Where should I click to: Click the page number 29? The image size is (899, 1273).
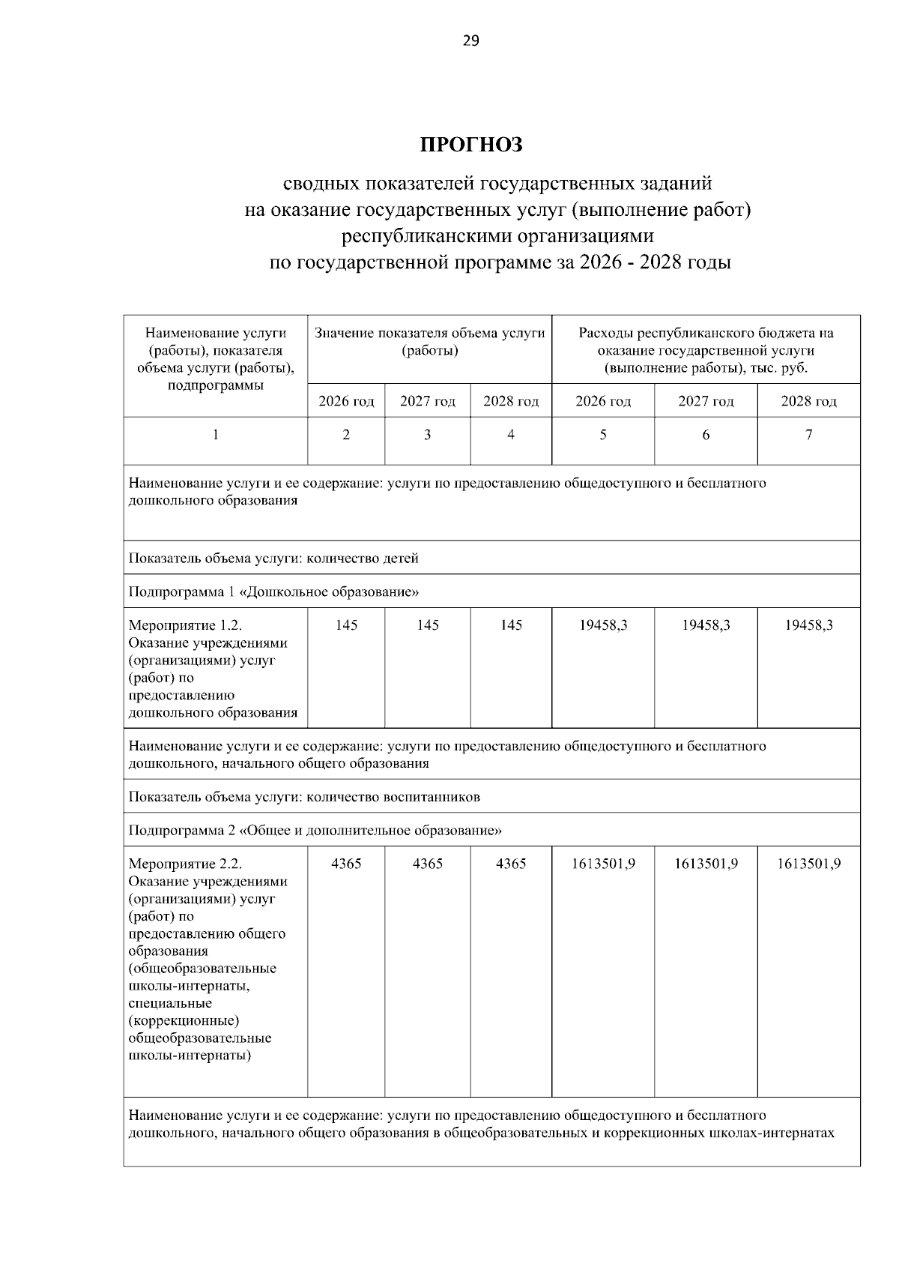[x=470, y=40]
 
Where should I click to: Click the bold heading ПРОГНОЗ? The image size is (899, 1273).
[x=470, y=145]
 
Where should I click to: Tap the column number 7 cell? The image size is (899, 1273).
[x=808, y=434]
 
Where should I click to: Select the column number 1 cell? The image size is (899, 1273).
[x=216, y=434]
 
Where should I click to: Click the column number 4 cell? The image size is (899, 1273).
[x=510, y=434]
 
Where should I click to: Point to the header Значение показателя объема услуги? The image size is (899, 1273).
[x=429, y=341]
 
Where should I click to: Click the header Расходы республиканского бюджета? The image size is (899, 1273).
[x=706, y=350]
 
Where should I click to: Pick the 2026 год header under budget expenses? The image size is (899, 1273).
[x=602, y=401]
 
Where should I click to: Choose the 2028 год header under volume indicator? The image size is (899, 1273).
[x=510, y=401]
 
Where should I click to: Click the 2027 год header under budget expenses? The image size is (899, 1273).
[x=706, y=401]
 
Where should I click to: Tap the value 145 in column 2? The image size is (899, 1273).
[x=346, y=625]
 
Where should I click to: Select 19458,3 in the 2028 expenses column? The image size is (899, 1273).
[x=808, y=625]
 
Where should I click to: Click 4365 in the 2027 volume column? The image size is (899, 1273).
[x=427, y=864]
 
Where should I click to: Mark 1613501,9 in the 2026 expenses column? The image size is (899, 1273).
[x=603, y=864]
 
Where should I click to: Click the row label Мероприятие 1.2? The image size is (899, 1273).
[x=186, y=625]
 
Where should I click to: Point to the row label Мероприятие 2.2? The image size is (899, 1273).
[x=186, y=864]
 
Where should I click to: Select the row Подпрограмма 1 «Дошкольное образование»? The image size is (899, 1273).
[x=273, y=592]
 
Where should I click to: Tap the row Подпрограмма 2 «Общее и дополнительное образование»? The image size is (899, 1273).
[x=315, y=830]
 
